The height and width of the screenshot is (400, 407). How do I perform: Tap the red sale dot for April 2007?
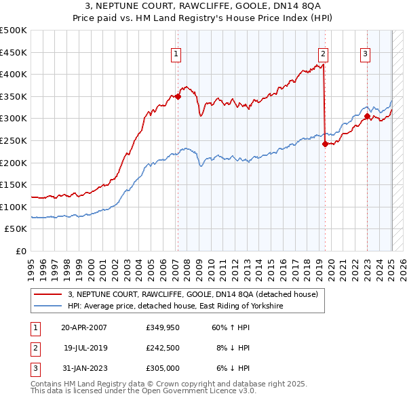tap(178, 96)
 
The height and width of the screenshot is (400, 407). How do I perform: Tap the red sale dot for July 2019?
tap(325, 144)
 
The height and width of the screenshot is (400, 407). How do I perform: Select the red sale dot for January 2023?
tap(367, 116)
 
